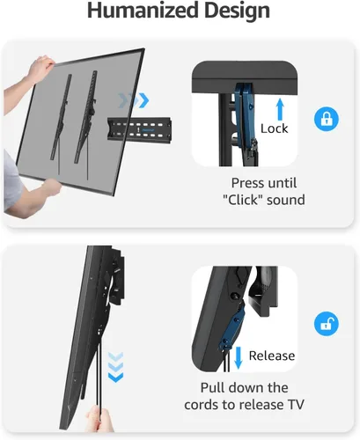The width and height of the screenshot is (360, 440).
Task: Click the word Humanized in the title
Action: pos(143,11)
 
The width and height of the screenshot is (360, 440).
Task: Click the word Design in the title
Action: pos(237,11)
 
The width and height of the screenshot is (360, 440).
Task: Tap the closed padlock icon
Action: pos(327,119)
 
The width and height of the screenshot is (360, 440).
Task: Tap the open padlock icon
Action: pos(327,324)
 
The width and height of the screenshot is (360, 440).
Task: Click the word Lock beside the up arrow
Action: pos(275,128)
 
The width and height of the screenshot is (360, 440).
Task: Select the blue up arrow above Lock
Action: pos(280,109)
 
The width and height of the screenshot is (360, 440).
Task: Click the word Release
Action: pos(272,356)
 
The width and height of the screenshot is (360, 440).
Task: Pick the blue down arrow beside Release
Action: pos(239,357)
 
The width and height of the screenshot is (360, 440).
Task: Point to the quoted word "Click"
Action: pos(242,200)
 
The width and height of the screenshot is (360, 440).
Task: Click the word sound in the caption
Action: pos(286,200)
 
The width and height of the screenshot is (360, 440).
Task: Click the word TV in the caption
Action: pos(296,405)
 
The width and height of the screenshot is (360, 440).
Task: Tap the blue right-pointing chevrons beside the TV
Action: pos(134,100)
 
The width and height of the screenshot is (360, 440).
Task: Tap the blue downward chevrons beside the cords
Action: pos(116,368)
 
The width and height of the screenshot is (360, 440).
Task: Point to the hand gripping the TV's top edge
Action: pos(40,69)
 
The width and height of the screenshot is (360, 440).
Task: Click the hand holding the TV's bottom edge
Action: pos(51,187)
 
